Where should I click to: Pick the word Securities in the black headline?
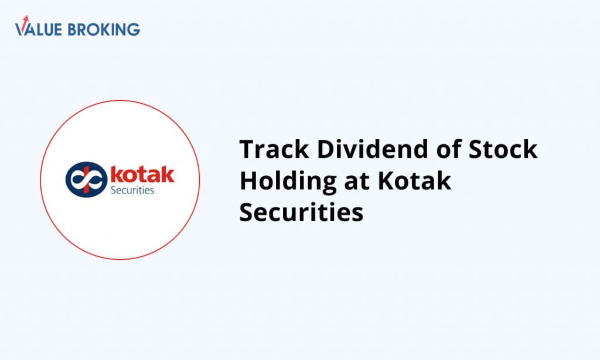click(x=301, y=212)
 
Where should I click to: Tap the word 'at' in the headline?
click(x=357, y=182)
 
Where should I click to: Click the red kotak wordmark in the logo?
click(x=142, y=174)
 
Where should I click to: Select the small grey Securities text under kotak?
click(x=132, y=191)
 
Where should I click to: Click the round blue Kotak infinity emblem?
click(x=87, y=179)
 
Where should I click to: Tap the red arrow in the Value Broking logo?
click(x=25, y=22)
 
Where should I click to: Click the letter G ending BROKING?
click(x=134, y=29)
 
